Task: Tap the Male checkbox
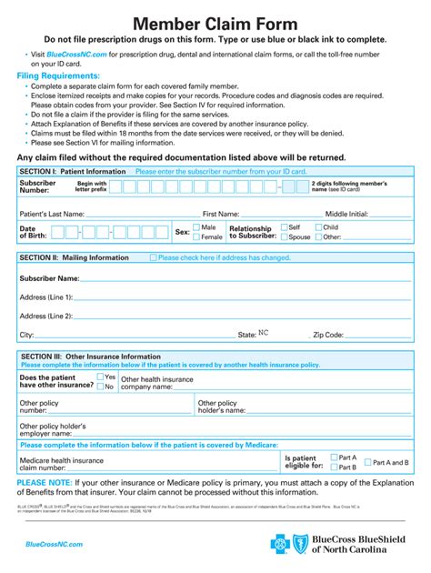tap(195, 227)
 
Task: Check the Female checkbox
tap(195, 237)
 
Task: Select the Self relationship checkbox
tap(285, 227)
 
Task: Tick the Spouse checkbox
tap(285, 237)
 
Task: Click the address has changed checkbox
tap(153, 258)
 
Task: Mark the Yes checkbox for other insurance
tap(100, 377)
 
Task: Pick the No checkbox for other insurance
tap(100, 387)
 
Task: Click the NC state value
tap(265, 334)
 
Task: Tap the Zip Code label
tap(328, 335)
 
